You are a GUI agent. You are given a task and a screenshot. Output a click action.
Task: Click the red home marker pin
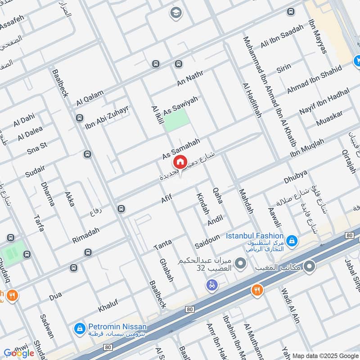pos(180,162)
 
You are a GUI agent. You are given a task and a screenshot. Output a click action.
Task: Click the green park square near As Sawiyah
pos(176,120)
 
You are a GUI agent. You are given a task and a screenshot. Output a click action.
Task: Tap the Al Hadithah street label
pos(252,100)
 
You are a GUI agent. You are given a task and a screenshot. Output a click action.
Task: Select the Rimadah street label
pos(85,235)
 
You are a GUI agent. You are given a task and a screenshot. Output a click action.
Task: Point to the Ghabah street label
pos(166,270)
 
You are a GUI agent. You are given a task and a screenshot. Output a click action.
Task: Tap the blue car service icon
pos(211,284)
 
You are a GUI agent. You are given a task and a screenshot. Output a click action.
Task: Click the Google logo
pos(19,353)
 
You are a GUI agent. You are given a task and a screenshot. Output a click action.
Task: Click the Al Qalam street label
pos(90,98)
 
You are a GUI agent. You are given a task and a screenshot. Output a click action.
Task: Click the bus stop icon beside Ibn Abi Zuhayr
pos(79,118)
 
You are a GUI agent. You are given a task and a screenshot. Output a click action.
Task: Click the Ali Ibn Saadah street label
pos(282,39)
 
